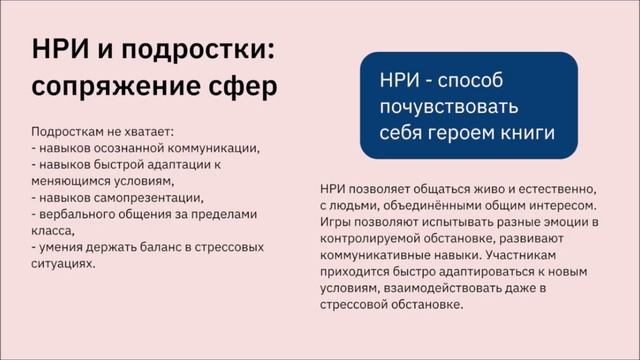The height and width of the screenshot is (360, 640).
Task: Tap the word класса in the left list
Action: coord(51,230)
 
